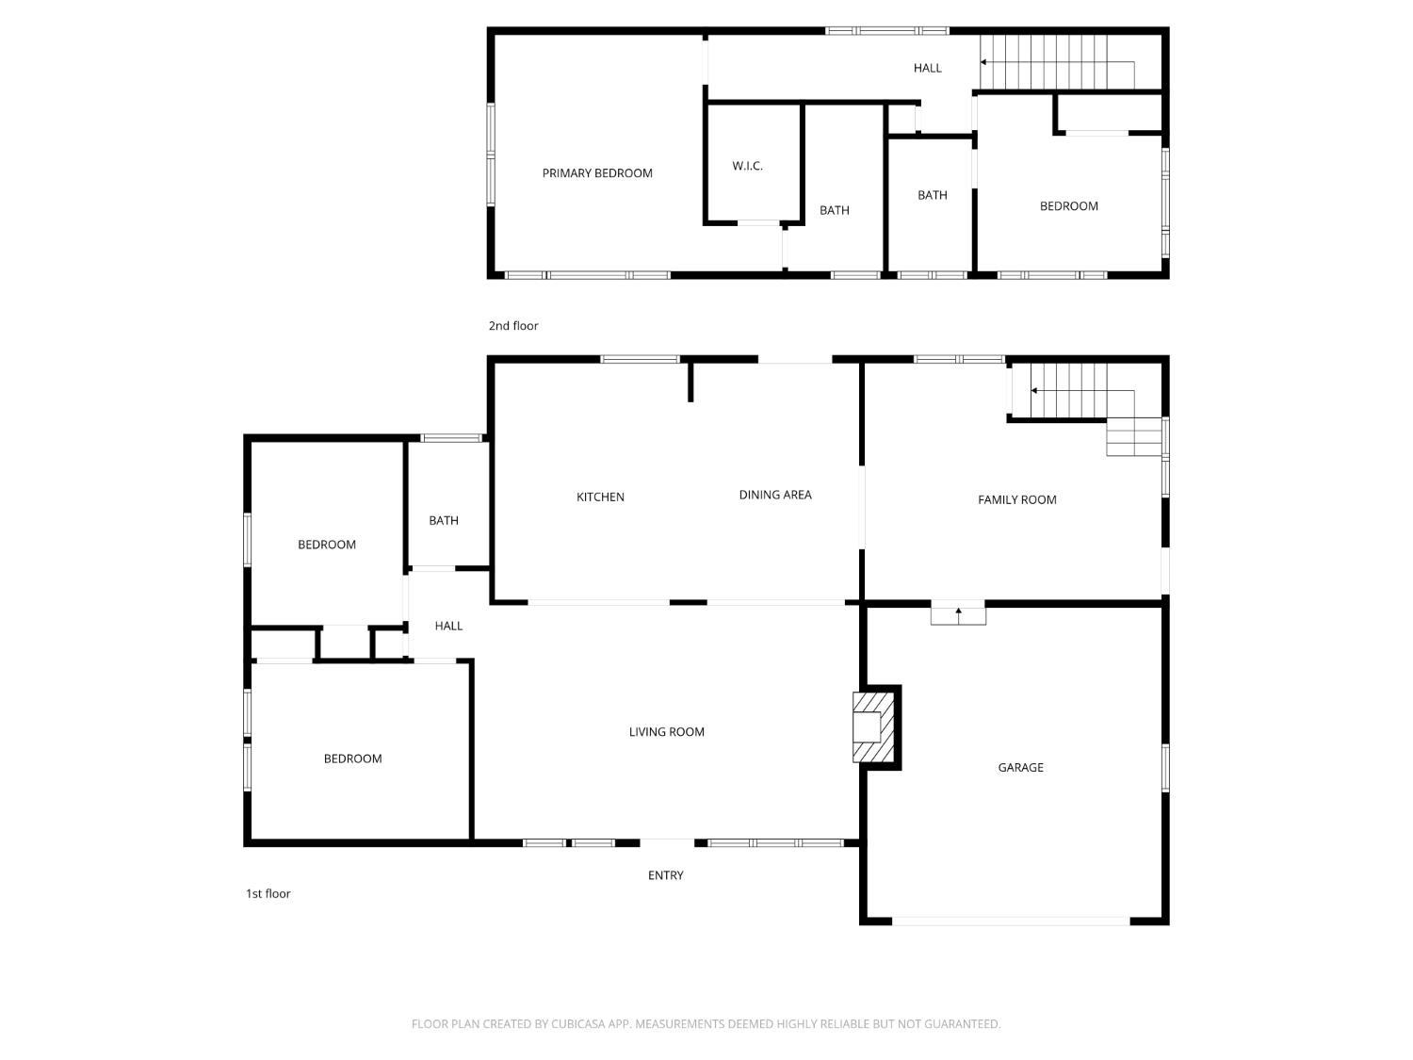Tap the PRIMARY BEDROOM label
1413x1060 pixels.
(596, 173)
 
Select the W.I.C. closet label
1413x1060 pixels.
(747, 166)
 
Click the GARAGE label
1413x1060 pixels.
(1020, 767)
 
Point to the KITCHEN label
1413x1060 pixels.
(600, 497)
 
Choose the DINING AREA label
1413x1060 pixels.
(775, 495)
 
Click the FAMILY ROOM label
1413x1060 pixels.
(1017, 499)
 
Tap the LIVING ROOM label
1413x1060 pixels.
(666, 732)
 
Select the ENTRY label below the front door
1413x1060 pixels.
(666, 875)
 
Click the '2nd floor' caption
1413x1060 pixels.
(513, 326)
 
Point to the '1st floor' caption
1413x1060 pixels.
(268, 893)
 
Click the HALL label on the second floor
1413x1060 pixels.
(928, 68)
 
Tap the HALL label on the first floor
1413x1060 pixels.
(448, 626)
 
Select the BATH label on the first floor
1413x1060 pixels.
(444, 521)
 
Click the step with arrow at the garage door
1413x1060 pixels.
(958, 615)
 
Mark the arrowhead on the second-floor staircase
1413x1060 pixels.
(983, 62)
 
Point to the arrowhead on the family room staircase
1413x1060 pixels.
(1034, 391)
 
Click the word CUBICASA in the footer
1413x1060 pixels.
(576, 1024)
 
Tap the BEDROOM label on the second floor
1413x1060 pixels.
(1068, 206)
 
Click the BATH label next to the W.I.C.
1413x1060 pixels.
(835, 210)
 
